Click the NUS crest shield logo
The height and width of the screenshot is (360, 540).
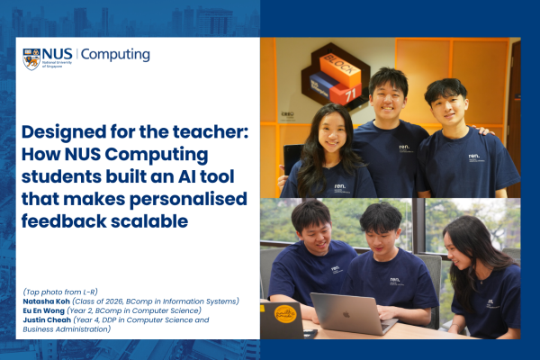31,58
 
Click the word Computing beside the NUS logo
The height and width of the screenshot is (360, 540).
115,55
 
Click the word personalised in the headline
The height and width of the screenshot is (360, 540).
188,200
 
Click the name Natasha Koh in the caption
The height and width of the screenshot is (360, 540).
46,301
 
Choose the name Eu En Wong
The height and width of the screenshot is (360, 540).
44,310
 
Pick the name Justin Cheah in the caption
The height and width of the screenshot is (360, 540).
47,320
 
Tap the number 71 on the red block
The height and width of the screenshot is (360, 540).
351,94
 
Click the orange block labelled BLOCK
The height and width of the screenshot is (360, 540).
340,69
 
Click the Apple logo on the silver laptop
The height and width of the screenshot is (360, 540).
346,314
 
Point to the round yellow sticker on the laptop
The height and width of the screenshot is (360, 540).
285,313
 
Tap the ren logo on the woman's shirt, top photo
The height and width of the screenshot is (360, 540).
340,186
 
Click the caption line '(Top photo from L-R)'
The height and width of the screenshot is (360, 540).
60,292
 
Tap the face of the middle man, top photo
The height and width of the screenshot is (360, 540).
387,100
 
